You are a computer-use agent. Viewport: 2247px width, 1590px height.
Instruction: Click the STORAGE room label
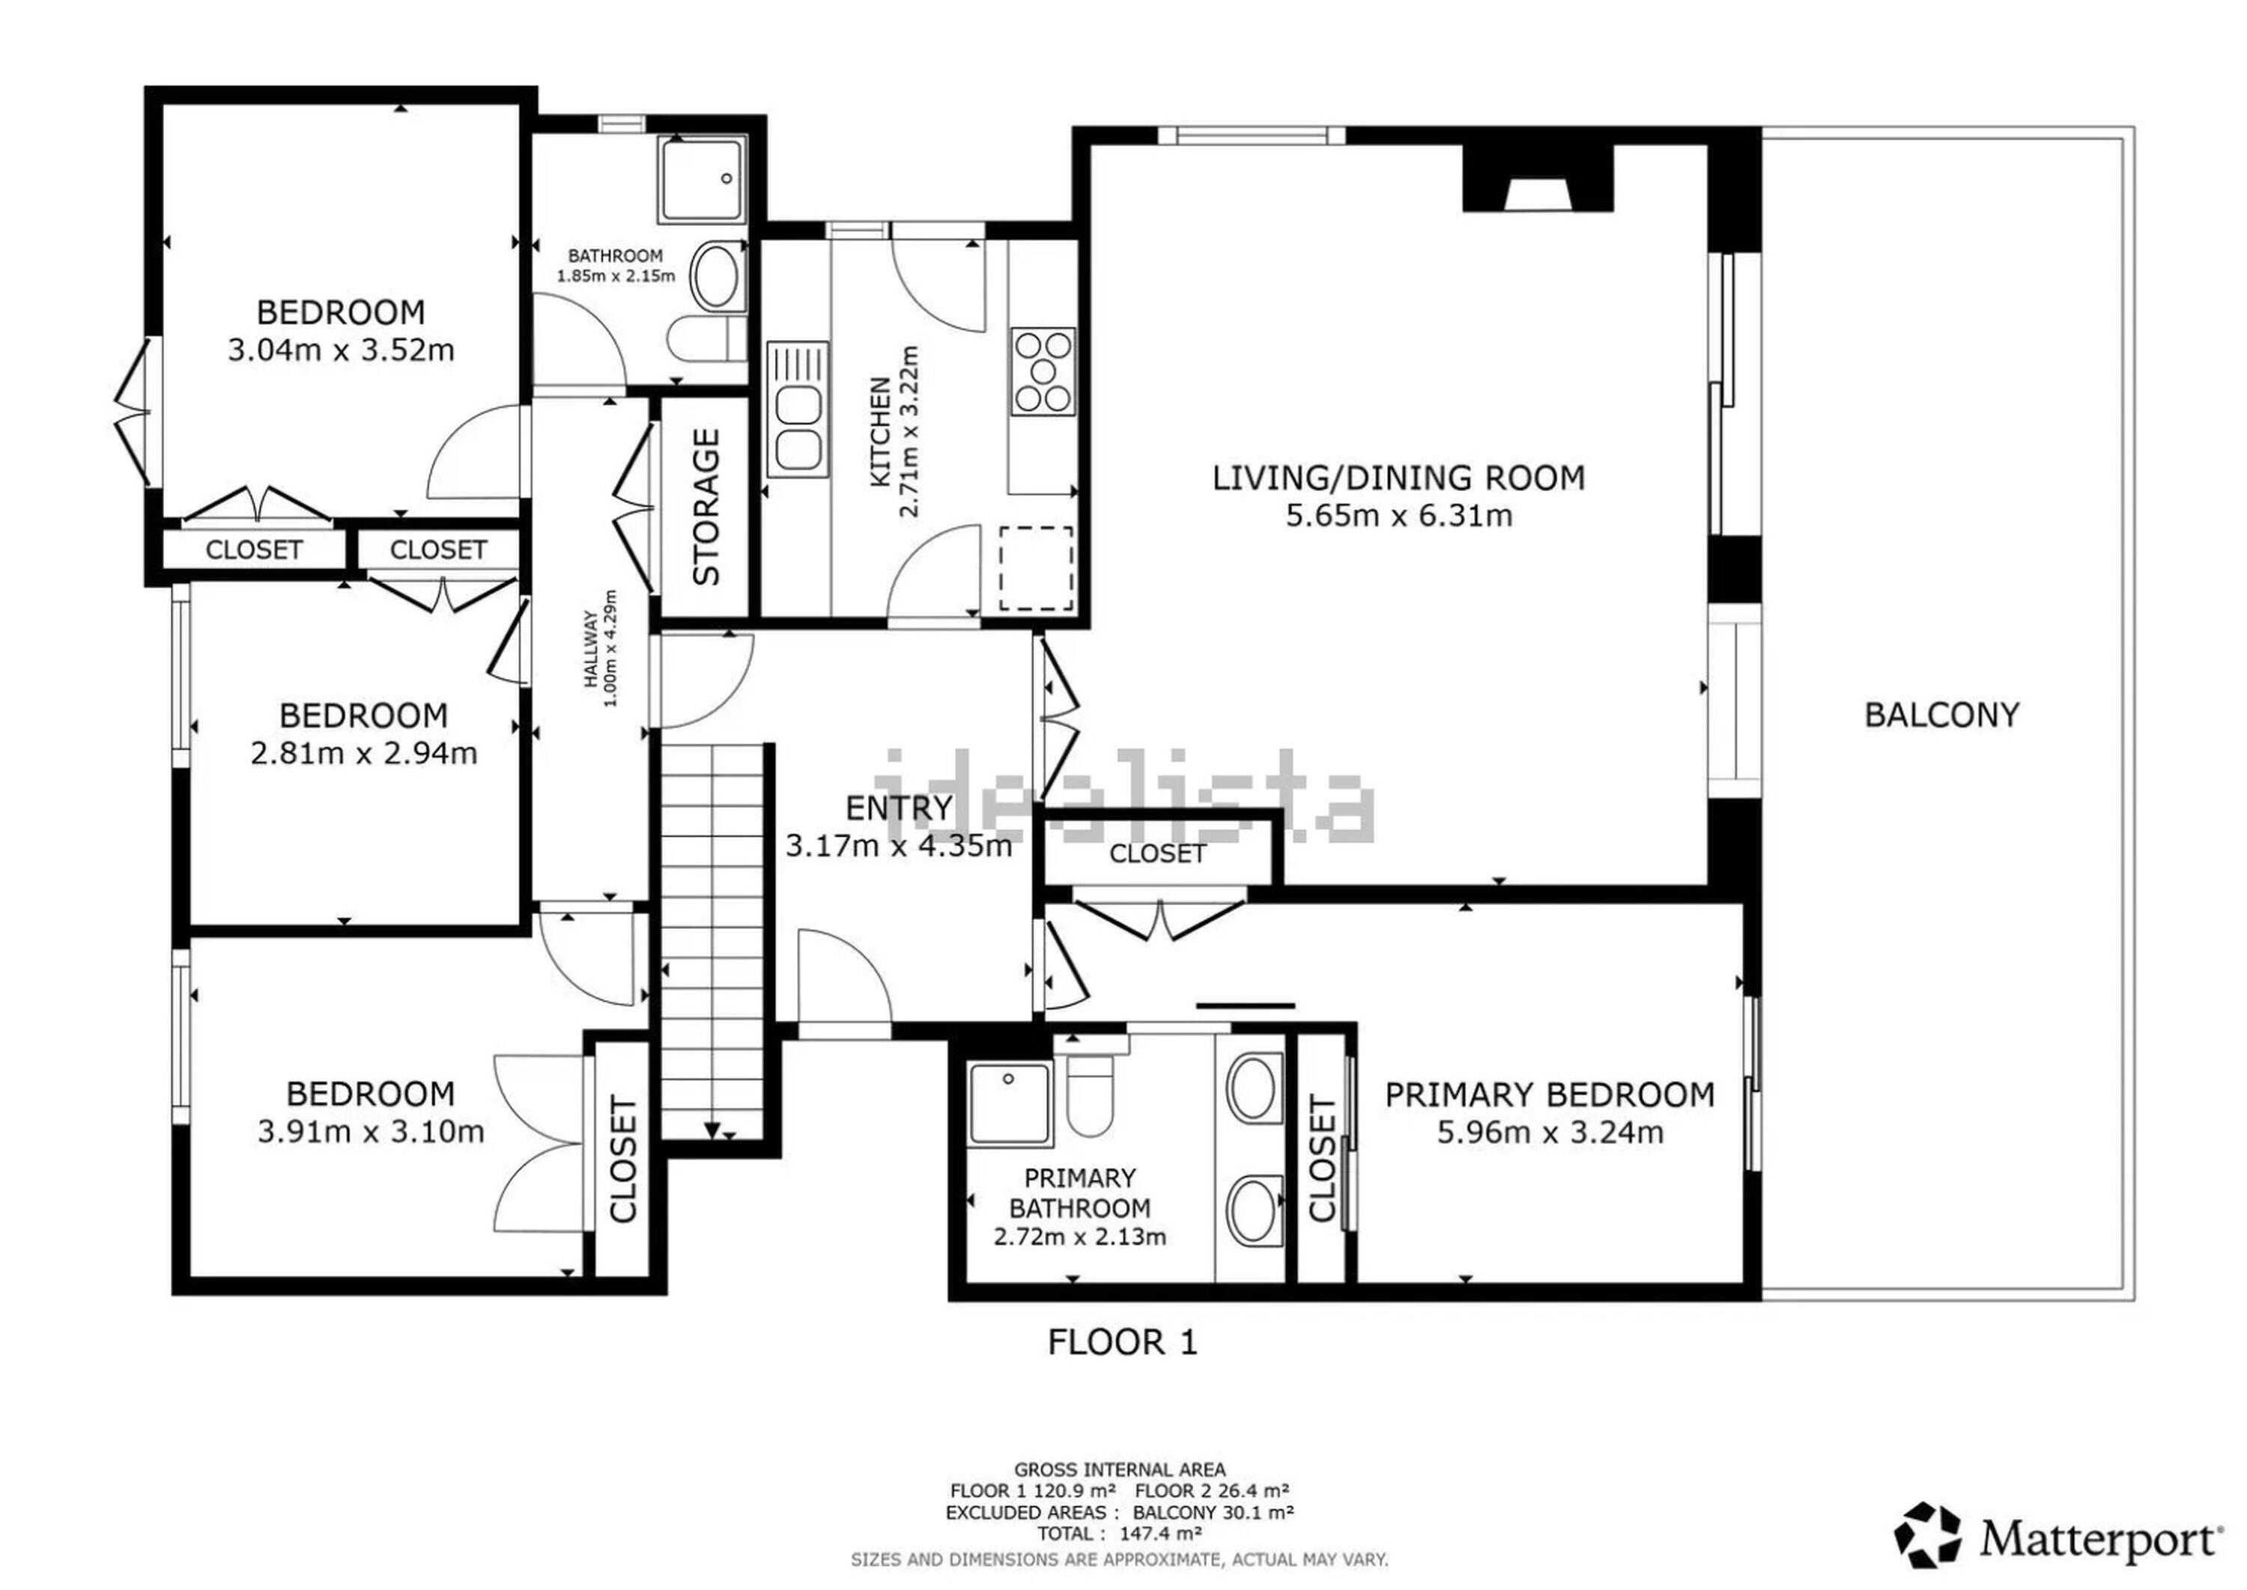[706, 507]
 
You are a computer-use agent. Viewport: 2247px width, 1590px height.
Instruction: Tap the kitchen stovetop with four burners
[1042, 370]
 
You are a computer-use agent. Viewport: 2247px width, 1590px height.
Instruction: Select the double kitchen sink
[798, 409]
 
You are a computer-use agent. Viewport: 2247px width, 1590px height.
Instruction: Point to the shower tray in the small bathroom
[703, 178]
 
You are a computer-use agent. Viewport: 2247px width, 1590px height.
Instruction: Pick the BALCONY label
[1941, 715]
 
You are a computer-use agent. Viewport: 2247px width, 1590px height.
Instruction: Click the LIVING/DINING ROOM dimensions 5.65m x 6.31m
[1398, 515]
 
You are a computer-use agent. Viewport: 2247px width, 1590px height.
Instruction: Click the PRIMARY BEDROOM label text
[1550, 1094]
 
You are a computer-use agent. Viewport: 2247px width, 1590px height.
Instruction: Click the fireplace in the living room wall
[1538, 178]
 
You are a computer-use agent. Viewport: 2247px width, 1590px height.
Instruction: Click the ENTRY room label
[898, 808]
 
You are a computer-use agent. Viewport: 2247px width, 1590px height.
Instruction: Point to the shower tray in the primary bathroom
[1009, 1104]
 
